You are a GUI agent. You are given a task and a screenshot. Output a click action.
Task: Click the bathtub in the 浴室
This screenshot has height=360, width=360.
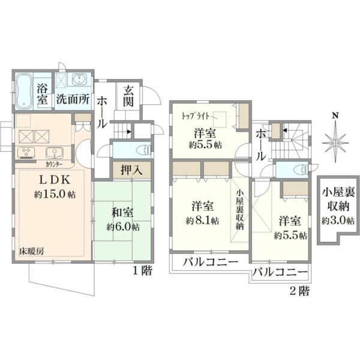[x=24, y=91]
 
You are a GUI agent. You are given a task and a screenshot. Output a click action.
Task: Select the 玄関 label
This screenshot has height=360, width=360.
[x=128, y=97]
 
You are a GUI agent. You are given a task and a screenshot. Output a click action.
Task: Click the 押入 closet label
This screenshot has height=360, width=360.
[x=131, y=170]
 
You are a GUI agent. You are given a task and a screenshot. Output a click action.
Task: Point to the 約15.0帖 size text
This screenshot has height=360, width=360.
[x=55, y=194]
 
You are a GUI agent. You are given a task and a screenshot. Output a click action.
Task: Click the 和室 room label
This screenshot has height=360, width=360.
[x=122, y=212]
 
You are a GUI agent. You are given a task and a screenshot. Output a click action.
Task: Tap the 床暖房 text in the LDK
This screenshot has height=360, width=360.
[x=31, y=251]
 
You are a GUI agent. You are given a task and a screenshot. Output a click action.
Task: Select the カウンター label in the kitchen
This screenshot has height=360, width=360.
[x=54, y=164]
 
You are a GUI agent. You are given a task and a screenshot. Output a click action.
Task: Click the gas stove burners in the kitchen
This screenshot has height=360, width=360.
[x=26, y=152]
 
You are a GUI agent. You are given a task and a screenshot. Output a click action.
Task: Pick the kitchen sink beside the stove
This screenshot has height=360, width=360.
[x=54, y=152]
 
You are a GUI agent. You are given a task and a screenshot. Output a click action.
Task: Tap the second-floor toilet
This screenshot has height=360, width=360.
[x=301, y=169]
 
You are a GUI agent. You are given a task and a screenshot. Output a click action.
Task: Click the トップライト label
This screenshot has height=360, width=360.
[x=196, y=116]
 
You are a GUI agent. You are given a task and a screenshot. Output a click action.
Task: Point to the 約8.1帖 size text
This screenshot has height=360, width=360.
[x=202, y=221]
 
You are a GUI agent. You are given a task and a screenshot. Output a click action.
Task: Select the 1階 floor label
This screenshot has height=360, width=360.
[x=143, y=271]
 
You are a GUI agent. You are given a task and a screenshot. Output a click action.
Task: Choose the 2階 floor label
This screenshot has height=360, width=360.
[x=299, y=292]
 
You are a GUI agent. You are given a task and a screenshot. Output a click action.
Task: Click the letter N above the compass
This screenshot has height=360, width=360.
[x=336, y=115]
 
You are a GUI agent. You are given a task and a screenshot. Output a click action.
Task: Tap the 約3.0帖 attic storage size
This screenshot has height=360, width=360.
[x=338, y=221]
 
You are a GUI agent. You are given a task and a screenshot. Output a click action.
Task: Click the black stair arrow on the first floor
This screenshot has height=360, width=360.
[x=129, y=132]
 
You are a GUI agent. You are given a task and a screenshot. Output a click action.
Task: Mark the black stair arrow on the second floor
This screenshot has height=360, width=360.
[x=285, y=130]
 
